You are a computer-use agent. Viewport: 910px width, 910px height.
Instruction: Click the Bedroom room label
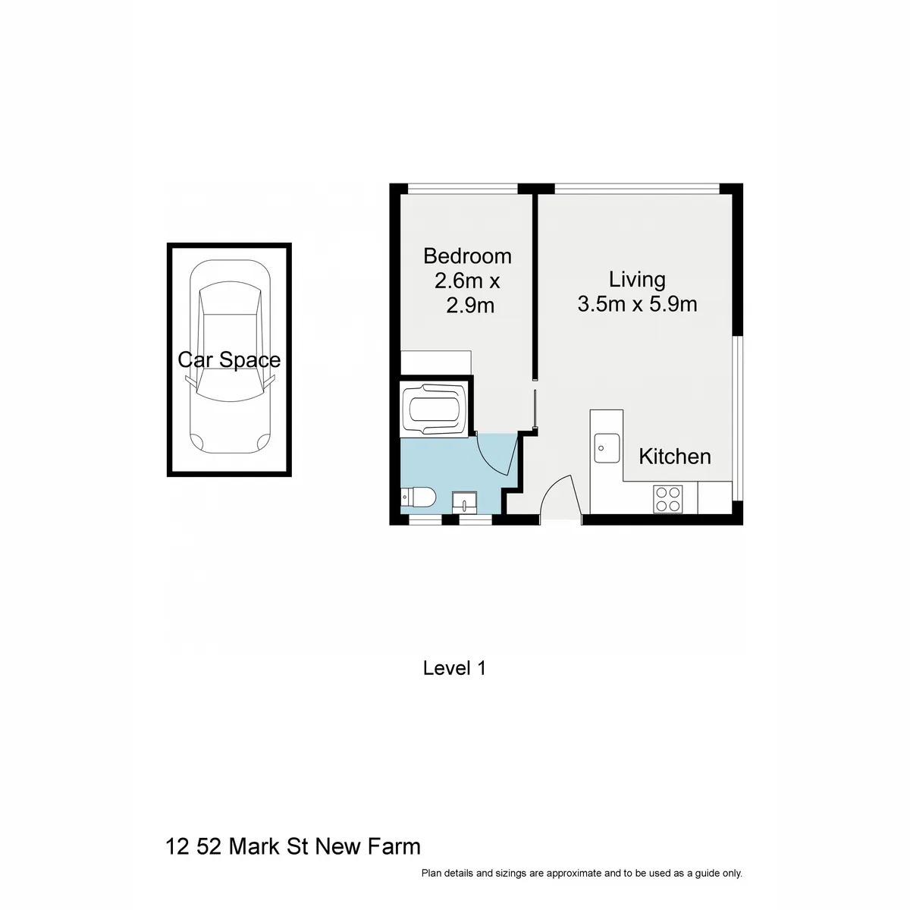click(467, 256)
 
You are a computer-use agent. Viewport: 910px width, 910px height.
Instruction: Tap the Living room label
click(637, 279)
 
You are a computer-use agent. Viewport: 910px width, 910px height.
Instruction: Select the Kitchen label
click(675, 457)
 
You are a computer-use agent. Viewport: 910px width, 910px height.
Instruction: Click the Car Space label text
click(229, 360)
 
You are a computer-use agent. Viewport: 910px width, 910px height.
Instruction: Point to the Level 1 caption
click(454, 668)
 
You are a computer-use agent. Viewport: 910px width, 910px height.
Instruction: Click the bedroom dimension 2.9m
click(470, 306)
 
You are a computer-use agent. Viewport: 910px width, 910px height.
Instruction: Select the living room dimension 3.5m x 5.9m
click(637, 304)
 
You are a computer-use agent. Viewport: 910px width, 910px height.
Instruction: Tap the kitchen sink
click(607, 447)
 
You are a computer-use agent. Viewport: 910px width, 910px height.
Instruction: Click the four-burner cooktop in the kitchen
click(668, 499)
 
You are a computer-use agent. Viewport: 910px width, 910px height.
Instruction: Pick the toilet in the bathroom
click(418, 497)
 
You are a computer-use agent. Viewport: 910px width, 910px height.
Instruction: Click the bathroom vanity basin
click(464, 503)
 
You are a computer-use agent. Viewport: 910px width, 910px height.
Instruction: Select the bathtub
click(434, 409)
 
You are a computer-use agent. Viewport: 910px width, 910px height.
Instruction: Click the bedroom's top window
click(463, 188)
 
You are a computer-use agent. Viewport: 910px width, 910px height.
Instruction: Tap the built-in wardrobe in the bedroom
click(436, 362)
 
